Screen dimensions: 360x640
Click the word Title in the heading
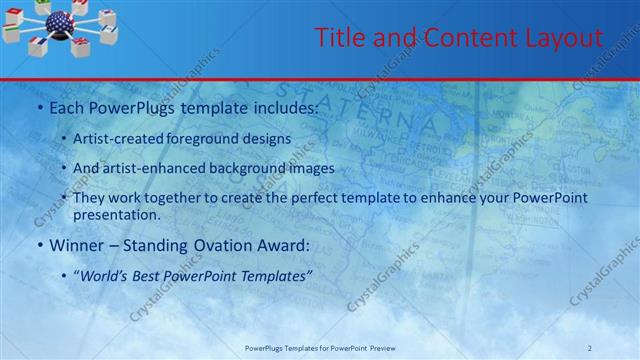pyautogui.click(x=336, y=38)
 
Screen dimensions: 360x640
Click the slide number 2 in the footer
pyautogui.click(x=617, y=348)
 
